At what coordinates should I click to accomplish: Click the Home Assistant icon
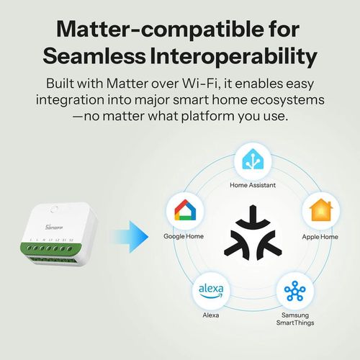point(252,163)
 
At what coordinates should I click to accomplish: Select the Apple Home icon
point(320,211)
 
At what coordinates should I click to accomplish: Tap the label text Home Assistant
point(252,186)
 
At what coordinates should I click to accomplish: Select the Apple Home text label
point(320,236)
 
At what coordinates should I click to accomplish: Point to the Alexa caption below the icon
point(210,315)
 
